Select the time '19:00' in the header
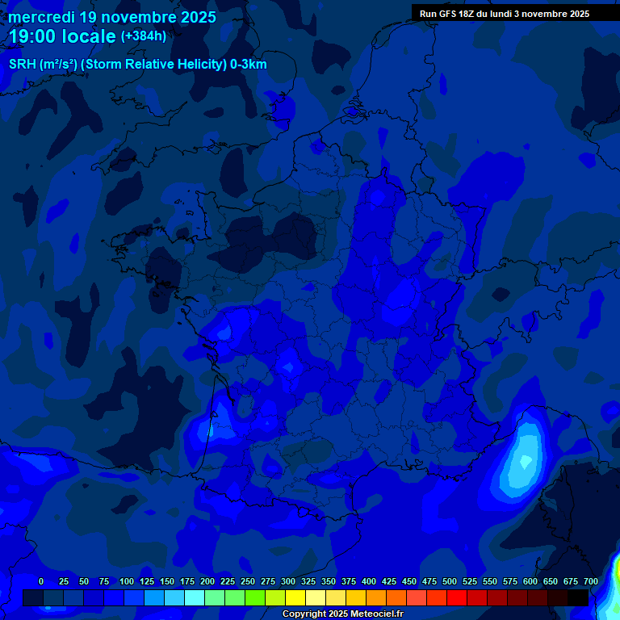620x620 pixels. [35, 36]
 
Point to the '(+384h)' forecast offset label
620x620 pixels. [144, 36]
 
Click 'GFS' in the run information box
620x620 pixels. [449, 14]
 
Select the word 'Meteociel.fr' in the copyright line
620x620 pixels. [377, 614]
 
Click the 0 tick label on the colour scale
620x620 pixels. [41, 581]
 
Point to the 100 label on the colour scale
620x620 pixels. [127, 581]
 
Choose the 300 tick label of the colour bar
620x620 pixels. [288, 581]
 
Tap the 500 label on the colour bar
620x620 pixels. [450, 581]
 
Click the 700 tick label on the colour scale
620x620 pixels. [591, 581]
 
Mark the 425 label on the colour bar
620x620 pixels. [389, 581]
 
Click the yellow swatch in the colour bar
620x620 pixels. [295, 597]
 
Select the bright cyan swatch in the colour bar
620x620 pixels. [195, 597]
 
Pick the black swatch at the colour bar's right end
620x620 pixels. [578, 597]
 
